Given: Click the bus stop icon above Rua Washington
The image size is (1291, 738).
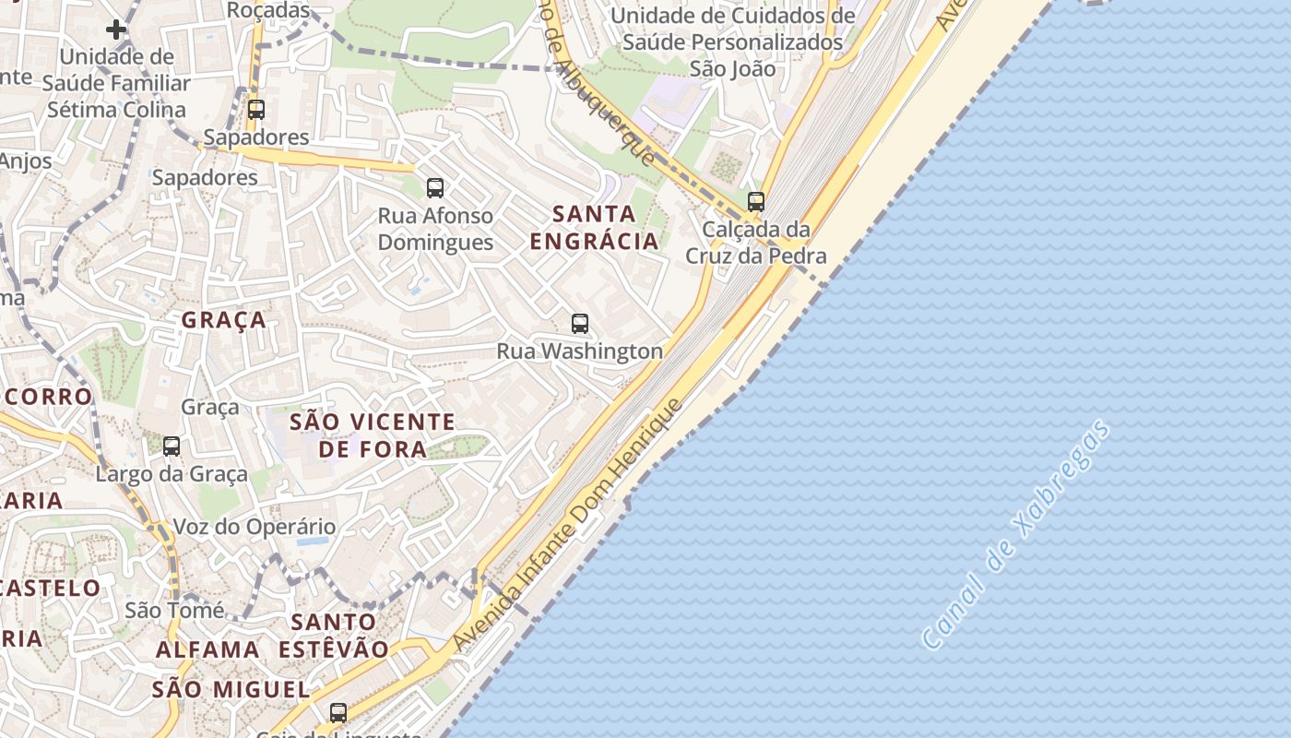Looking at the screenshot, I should tap(579, 324).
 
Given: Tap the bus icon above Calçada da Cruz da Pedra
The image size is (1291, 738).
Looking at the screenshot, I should tap(756, 201).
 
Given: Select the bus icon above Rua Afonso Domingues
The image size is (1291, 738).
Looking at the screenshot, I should tap(435, 188).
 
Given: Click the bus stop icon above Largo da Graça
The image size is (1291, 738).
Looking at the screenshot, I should tap(172, 446).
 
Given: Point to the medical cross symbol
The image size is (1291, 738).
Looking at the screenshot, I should tap(116, 30).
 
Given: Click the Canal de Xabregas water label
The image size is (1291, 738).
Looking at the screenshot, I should tap(1016, 535).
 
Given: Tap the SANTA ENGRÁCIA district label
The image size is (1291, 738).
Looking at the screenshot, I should tap(595, 228).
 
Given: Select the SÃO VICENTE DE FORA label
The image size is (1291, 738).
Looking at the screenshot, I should tap(373, 435).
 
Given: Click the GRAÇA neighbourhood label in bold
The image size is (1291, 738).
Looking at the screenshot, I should tap(224, 320).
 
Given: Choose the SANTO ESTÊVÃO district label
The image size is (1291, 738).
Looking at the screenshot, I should tap(334, 635).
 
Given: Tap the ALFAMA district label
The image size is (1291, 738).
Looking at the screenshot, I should tap(207, 649).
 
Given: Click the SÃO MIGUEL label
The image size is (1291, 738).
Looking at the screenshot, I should tap(231, 689).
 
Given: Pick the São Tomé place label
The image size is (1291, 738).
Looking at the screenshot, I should tap(174, 610).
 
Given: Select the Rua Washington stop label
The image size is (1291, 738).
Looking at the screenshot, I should tap(579, 351).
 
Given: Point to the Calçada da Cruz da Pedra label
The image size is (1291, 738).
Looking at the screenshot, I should tap(755, 243).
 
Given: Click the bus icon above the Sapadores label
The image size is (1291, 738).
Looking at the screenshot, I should tap(256, 110).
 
